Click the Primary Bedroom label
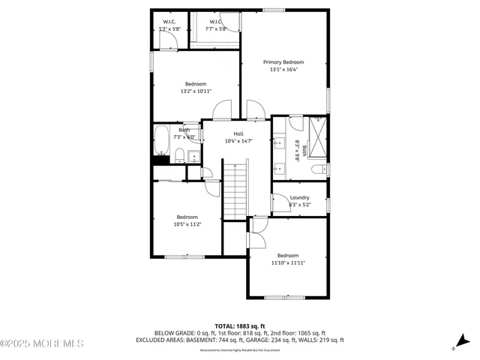283,62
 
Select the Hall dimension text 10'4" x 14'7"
238,141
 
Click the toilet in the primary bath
316,169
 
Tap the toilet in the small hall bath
181,156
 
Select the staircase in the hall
235,190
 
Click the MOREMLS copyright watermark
42,343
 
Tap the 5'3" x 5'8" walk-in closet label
169,29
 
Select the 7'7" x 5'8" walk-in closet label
216,29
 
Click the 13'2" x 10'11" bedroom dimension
196,91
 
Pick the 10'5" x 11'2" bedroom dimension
187,224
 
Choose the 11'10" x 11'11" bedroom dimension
288,262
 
